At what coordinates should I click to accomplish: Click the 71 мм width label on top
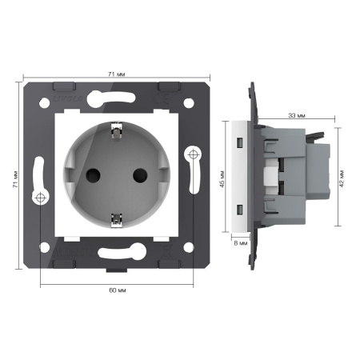117,74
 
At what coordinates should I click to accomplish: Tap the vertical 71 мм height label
16,178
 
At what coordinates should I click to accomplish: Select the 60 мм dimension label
118,290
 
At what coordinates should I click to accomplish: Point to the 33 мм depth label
297,116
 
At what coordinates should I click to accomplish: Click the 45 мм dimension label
222,179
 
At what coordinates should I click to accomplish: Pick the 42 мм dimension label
342,178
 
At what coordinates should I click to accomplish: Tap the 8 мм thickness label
241,243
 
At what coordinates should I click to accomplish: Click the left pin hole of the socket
93,175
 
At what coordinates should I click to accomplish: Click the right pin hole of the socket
140,175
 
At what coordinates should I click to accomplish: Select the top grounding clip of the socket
116,131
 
